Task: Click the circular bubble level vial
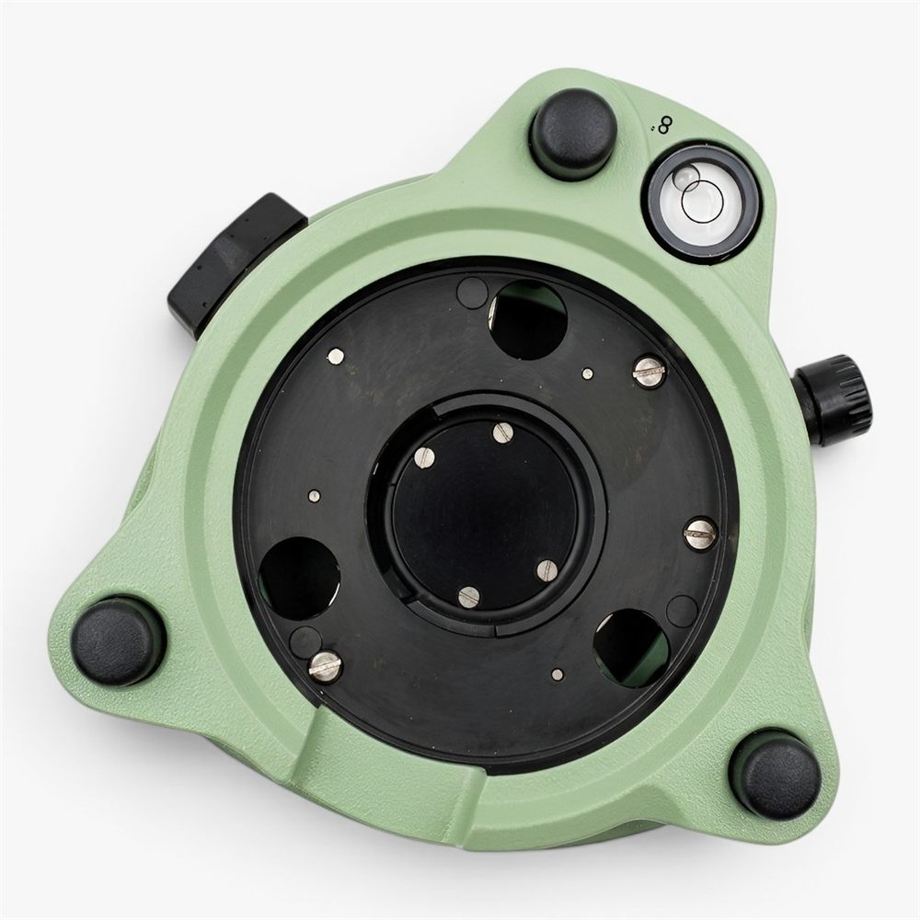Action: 704,200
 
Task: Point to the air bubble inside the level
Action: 688,177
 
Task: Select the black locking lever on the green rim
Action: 235,253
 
